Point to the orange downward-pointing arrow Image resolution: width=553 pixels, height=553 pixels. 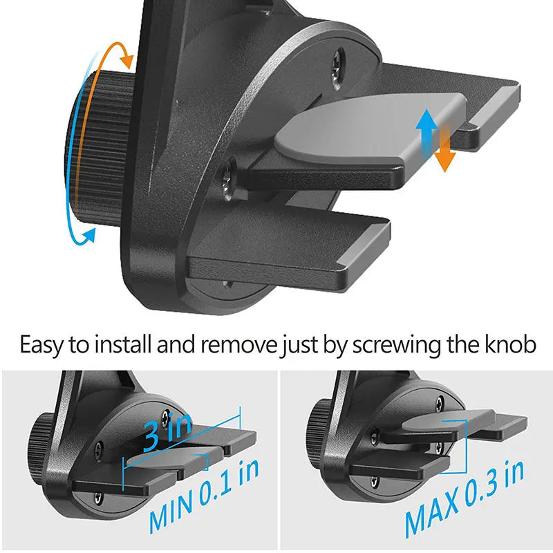pyautogui.click(x=446, y=149)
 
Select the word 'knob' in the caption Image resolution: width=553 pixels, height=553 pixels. pyautogui.click(x=509, y=344)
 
